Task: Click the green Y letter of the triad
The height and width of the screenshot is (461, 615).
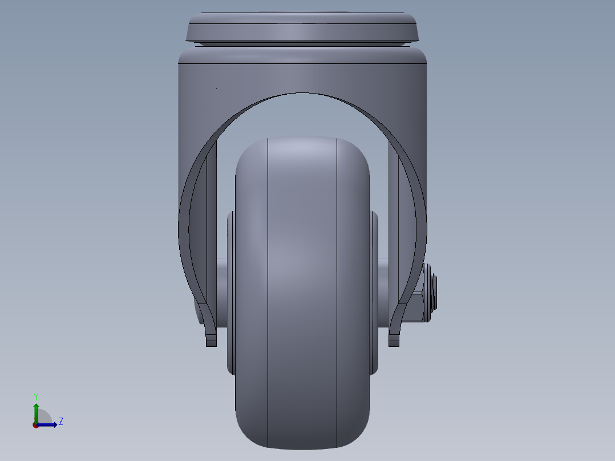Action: click(x=36, y=397)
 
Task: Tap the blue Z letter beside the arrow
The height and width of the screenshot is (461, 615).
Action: click(x=60, y=422)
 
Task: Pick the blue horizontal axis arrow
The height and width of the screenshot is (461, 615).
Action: click(x=48, y=424)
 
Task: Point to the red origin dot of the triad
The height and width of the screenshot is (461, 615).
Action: click(x=36, y=425)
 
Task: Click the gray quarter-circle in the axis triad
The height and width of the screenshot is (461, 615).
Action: click(x=44, y=418)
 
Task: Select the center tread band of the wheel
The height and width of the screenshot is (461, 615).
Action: click(x=302, y=285)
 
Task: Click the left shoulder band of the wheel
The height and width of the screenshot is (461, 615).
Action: click(x=251, y=285)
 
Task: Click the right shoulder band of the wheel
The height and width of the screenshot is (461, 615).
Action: click(x=353, y=285)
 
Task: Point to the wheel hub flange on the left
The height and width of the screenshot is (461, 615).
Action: click(x=230, y=291)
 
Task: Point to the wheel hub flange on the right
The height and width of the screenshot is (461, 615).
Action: click(x=374, y=291)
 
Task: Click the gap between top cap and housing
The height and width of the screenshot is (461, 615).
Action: click(x=302, y=44)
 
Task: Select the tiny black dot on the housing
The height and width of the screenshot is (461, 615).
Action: click(x=216, y=88)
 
